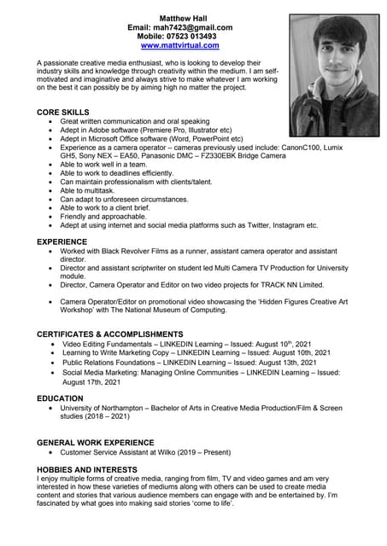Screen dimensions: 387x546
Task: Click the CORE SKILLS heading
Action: coord(62,113)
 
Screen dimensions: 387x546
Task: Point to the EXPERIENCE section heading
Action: coord(62,242)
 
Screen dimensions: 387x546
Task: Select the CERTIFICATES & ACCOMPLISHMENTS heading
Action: coord(109,334)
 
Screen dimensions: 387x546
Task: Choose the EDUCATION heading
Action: coord(60,398)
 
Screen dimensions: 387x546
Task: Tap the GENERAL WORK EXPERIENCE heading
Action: coord(95,443)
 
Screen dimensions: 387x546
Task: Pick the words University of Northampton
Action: coord(104,409)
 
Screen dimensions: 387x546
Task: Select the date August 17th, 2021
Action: coord(95,383)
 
